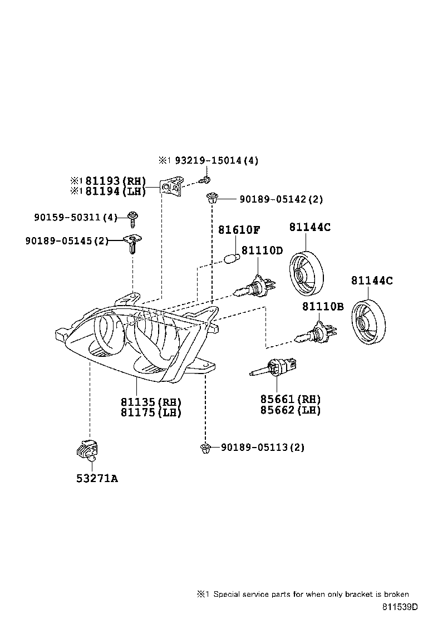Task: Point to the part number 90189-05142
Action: pos(267,199)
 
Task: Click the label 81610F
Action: pos(239,230)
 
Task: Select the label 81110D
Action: pos(262,250)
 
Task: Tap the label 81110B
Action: pos(323,307)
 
